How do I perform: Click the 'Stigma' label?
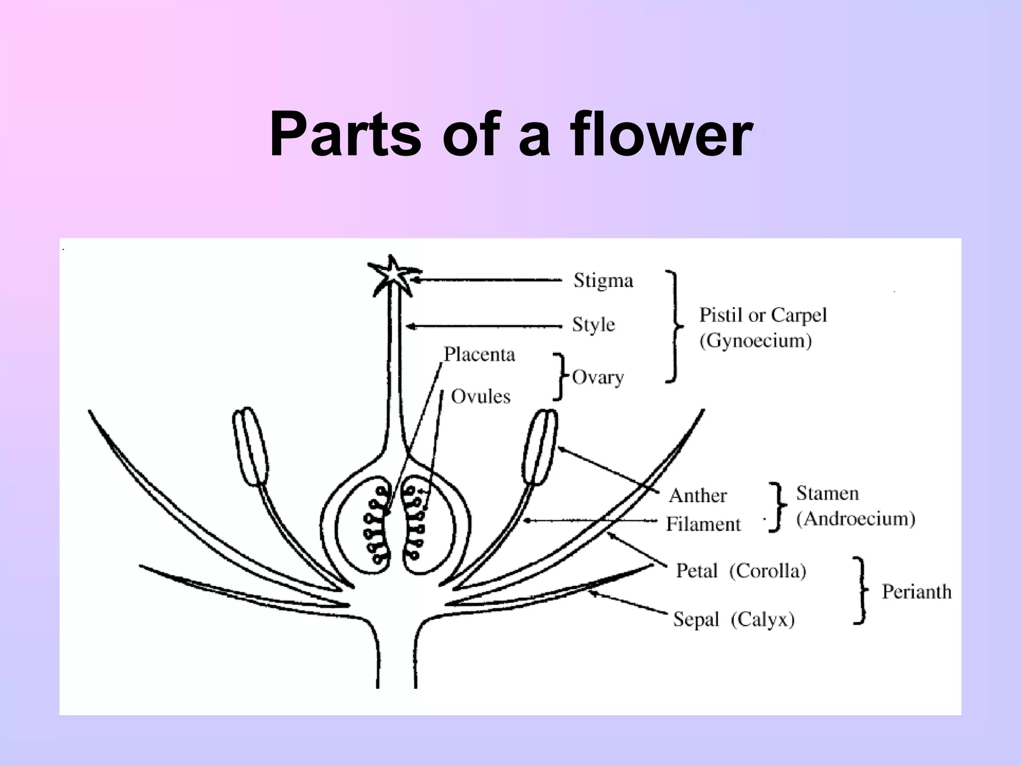(603, 280)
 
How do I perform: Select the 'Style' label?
(593, 325)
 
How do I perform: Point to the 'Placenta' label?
(479, 355)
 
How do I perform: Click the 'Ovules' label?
(481, 397)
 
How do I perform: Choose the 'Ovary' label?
(598, 377)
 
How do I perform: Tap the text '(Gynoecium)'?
(755, 341)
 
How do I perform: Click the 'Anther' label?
(697, 496)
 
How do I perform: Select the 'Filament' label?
(703, 524)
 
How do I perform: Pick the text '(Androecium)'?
(855, 519)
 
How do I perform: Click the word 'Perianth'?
(916, 591)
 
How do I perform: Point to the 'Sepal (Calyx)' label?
(733, 619)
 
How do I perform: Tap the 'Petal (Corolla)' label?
(741, 571)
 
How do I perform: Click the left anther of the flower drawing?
(251, 446)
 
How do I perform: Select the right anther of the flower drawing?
(540, 446)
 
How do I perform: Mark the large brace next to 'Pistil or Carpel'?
(675, 327)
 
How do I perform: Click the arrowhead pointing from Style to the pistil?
(410, 327)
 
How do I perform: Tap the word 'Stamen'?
(827, 493)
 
